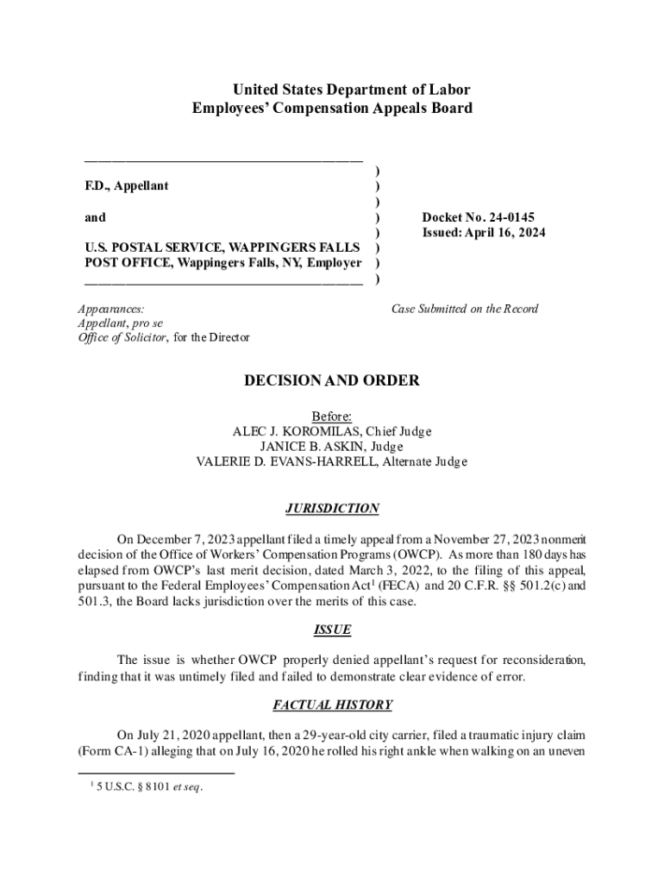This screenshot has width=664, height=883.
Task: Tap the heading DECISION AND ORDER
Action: tap(332, 380)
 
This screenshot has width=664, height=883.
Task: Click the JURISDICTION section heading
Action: tap(332, 509)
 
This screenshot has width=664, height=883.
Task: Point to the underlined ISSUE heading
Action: tap(332, 629)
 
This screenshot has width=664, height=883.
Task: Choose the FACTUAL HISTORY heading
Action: tap(332, 705)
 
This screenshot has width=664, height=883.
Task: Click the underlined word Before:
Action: tap(332, 416)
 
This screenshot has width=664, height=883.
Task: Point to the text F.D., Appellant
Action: tap(127, 186)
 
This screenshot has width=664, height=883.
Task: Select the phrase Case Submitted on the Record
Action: tap(465, 308)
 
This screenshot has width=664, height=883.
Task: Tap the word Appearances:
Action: tap(110, 308)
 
